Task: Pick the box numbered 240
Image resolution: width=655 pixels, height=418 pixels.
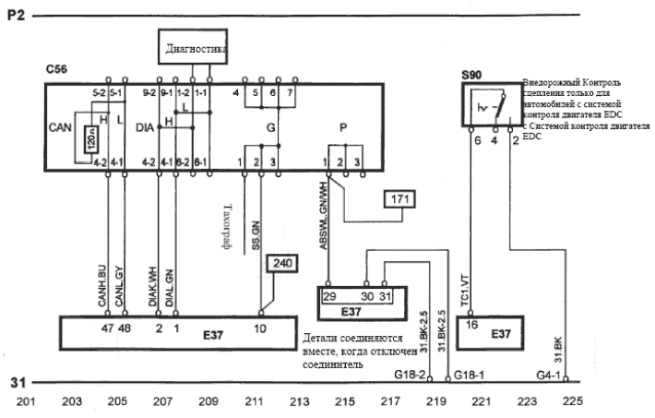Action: [x=280, y=264]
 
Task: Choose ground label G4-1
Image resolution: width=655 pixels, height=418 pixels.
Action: [x=550, y=375]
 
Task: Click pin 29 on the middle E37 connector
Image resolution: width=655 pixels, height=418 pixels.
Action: [x=329, y=296]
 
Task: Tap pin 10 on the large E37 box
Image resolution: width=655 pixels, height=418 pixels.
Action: [x=261, y=327]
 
